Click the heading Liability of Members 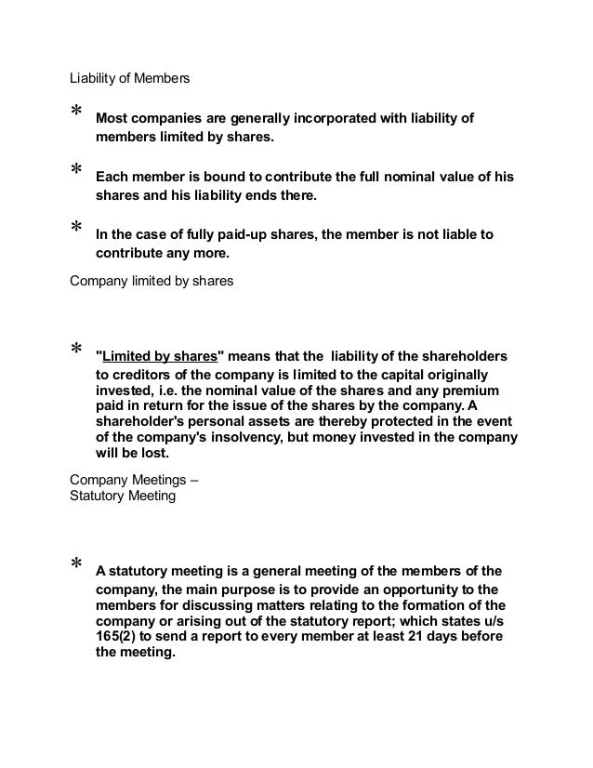pos(129,79)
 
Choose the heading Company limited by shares pos(152,276)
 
